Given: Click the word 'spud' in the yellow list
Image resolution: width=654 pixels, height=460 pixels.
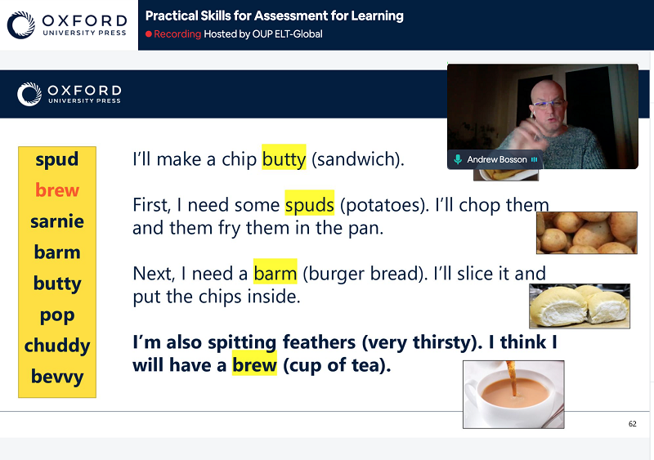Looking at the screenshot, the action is [56, 159].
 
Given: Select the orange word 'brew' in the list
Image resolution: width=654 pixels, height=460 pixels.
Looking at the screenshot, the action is [56, 190].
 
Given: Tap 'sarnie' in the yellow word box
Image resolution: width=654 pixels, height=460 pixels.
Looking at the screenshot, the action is [56, 221].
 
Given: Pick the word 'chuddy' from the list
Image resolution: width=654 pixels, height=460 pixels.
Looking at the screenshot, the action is [56, 346].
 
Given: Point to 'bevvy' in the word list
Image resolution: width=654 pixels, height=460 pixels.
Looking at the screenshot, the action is [56, 377].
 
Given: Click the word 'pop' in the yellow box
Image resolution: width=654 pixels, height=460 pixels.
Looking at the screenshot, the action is [56, 315].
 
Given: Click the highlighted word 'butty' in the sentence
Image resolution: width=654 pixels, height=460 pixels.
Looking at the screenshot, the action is [284, 158].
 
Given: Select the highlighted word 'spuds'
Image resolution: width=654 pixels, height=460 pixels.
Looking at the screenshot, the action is [310, 203].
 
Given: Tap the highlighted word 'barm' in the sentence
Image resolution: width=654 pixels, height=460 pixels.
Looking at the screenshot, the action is [275, 272].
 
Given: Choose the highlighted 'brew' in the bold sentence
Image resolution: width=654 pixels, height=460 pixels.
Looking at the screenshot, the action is [254, 364].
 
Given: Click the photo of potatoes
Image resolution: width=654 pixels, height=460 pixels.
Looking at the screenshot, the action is [586, 233].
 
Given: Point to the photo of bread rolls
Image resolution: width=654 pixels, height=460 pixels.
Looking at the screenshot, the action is [580, 306].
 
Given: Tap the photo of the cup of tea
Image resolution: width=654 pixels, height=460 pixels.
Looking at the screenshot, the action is [513, 395].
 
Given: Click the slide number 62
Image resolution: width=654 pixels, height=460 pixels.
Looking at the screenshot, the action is [632, 424].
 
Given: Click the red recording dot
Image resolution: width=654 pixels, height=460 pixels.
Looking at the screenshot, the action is [149, 33].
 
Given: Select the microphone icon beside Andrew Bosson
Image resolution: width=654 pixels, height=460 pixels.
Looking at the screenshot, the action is [458, 159].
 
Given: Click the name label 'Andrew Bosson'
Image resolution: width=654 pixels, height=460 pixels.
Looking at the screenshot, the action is [497, 159].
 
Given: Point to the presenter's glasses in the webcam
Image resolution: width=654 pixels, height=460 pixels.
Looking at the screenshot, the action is [548, 104].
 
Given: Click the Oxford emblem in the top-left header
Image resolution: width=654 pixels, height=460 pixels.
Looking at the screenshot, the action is [21, 25].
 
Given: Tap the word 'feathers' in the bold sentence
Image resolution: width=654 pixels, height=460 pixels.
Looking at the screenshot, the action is [319, 342].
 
